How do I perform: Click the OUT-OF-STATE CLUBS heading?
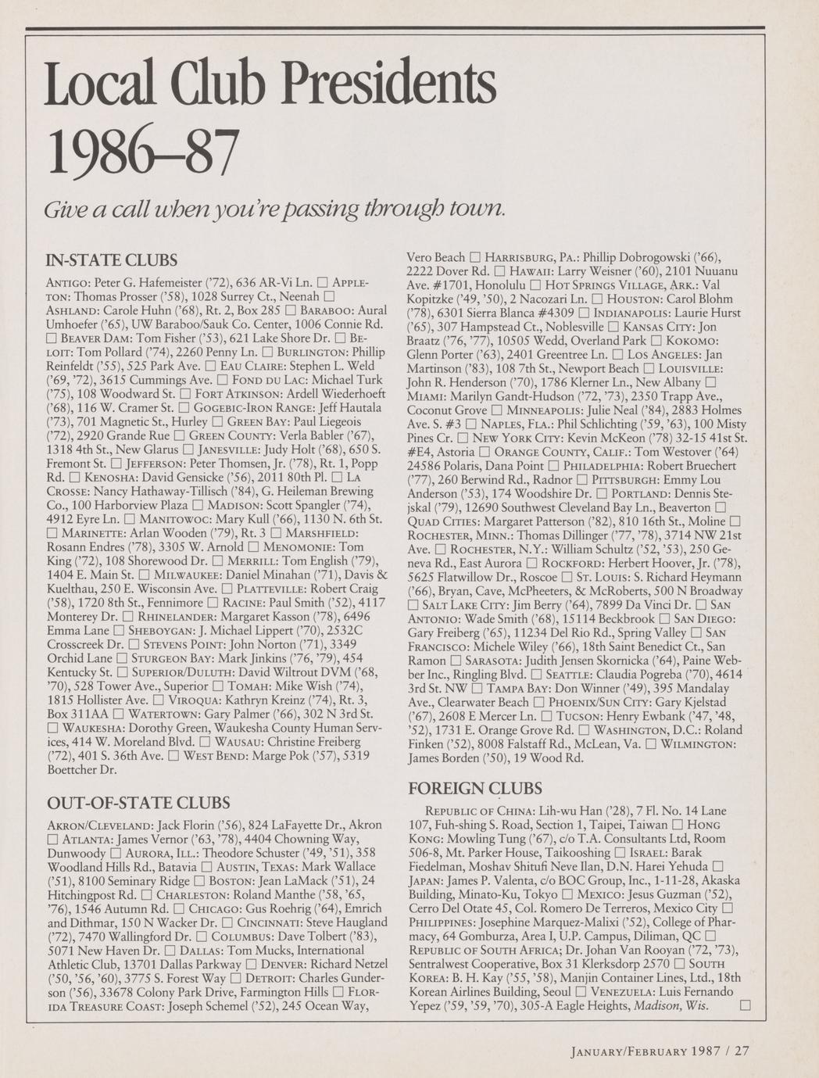[x=139, y=803]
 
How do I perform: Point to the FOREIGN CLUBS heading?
[x=475, y=788]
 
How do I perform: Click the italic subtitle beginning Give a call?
[x=276, y=210]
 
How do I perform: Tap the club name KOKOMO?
[x=692, y=341]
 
